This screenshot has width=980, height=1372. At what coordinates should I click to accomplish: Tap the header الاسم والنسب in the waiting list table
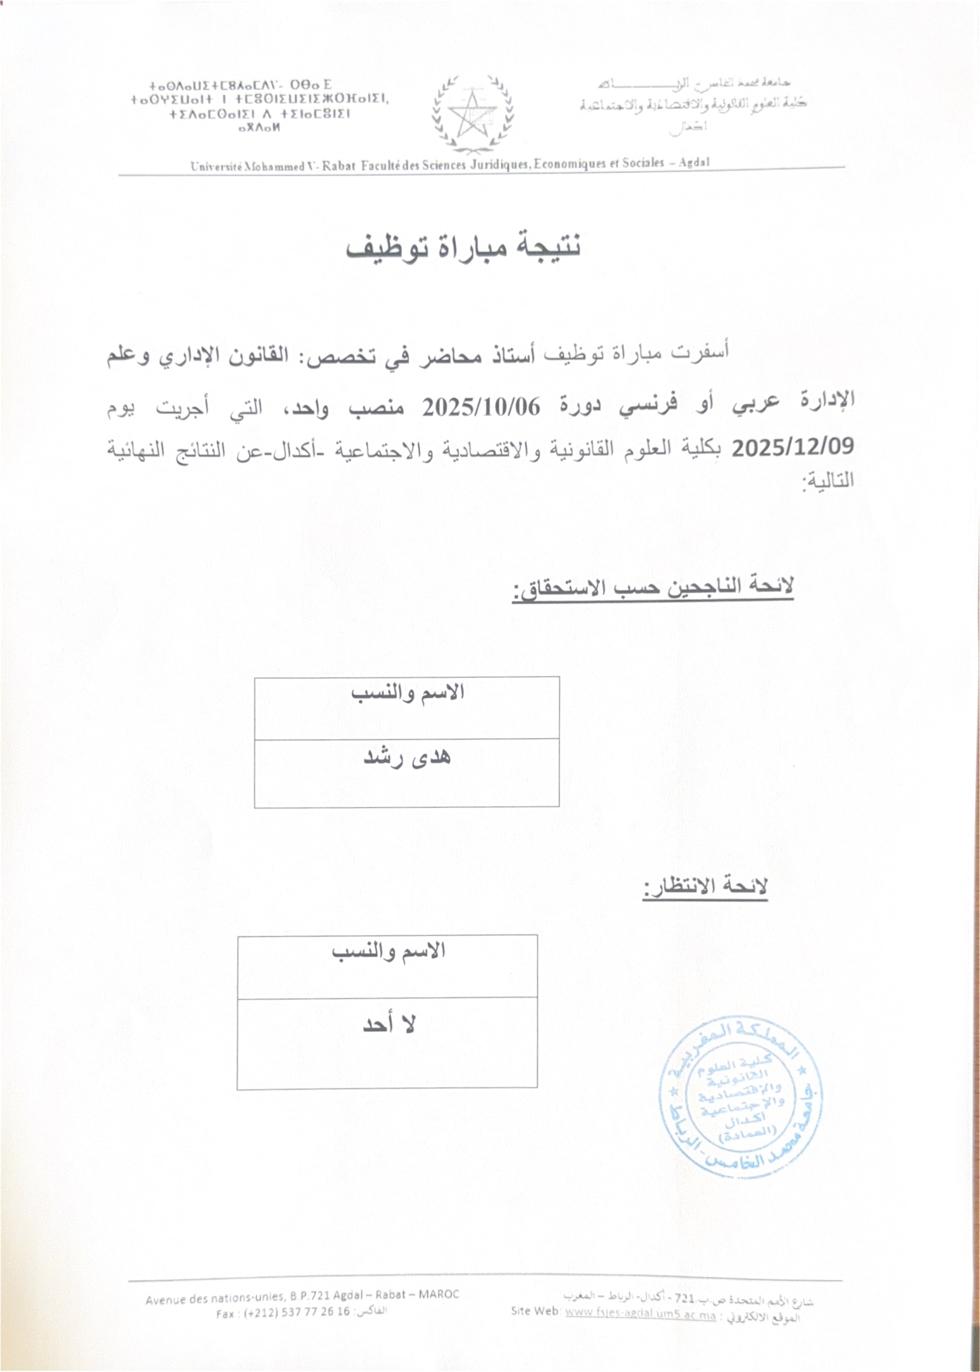tap(388, 951)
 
